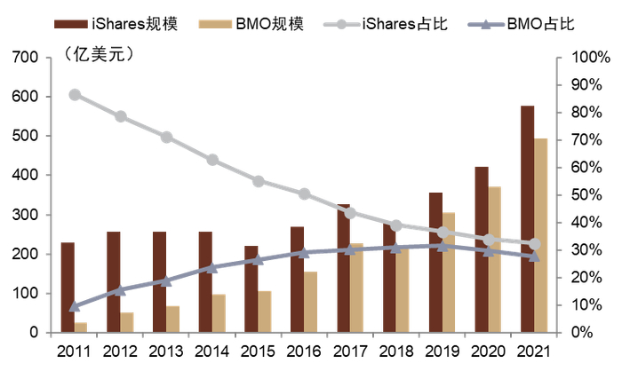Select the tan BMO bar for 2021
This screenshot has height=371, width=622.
coord(540,235)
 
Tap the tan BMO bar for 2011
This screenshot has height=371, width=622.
coord(81,328)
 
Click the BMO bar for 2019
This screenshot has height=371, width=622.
coord(449,272)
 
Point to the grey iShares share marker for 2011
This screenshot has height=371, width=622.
coord(75,95)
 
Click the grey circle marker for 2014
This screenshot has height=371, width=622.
coord(212,160)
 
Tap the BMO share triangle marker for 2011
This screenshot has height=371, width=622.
coord(75,306)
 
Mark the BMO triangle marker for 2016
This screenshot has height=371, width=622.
coord(304,252)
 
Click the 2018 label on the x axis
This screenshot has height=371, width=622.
coord(395,351)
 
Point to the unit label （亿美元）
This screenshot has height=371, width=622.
coord(98,55)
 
